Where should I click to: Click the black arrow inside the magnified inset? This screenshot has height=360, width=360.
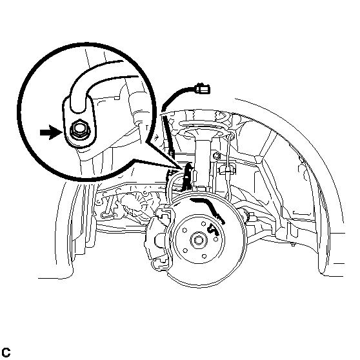pyautogui.click(x=50, y=132)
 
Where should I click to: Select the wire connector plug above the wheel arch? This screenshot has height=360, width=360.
pyautogui.click(x=202, y=89)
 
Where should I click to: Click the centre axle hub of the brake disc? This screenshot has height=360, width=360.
pyautogui.click(x=199, y=240)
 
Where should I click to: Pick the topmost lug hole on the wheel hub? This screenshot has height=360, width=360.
pyautogui.click(x=203, y=224)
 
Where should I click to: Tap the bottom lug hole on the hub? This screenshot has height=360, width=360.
pyautogui.click(x=205, y=256)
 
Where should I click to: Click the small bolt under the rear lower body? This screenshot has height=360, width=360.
pyautogui.click(x=293, y=245)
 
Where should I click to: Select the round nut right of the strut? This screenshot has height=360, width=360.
pyautogui.click(x=216, y=156)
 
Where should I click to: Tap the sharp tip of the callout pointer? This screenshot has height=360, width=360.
pyautogui.click(x=183, y=169)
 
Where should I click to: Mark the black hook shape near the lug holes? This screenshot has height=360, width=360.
pyautogui.click(x=213, y=229)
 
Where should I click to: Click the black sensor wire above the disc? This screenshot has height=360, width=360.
pyautogui.click(x=187, y=177)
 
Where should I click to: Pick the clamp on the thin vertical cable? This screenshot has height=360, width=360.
pyautogui.click(x=226, y=170)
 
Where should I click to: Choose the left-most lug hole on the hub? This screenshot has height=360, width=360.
pyautogui.click(x=185, y=230)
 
